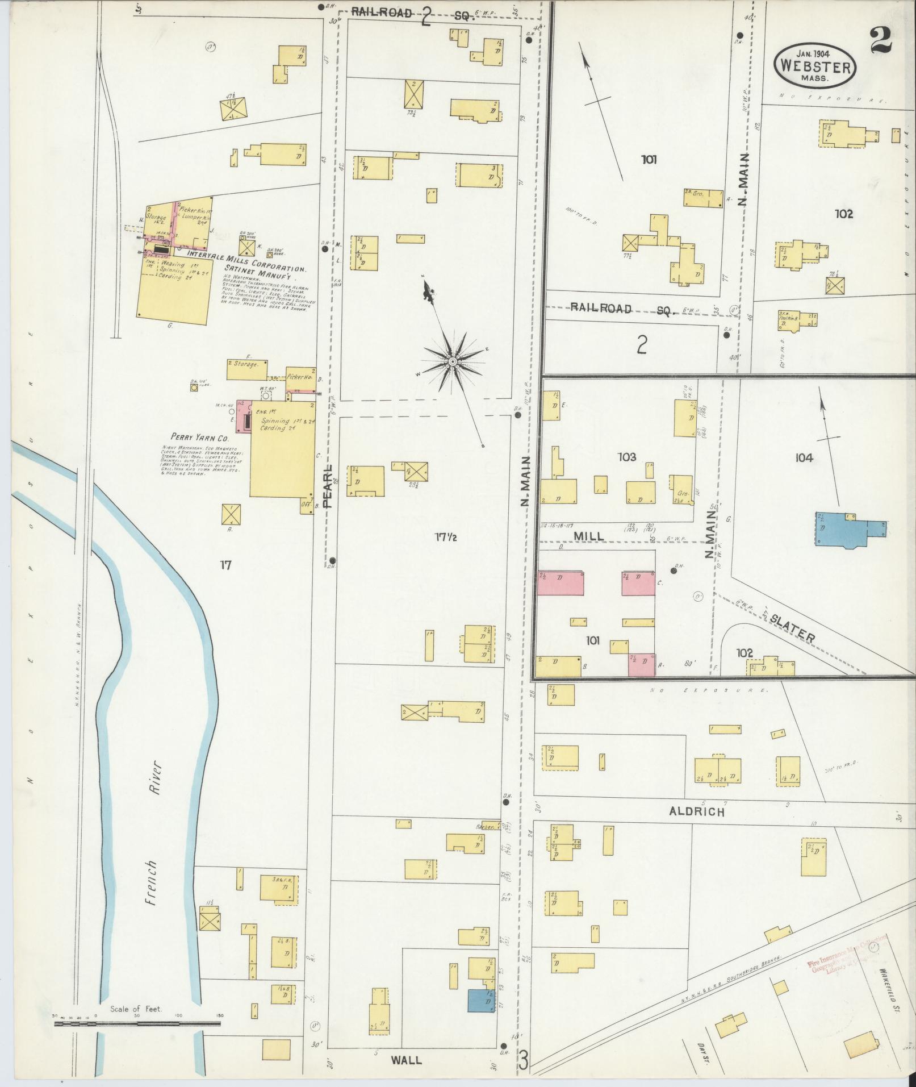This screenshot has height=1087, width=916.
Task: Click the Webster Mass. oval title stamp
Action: click(x=815, y=64)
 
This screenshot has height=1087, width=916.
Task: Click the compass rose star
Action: click(x=453, y=361)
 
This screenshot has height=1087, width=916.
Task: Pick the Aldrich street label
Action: click(x=697, y=812)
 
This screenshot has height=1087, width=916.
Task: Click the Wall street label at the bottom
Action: click(x=407, y=1060)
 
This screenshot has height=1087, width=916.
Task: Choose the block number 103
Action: click(x=627, y=456)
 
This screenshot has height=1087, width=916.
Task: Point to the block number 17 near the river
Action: click(x=225, y=565)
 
